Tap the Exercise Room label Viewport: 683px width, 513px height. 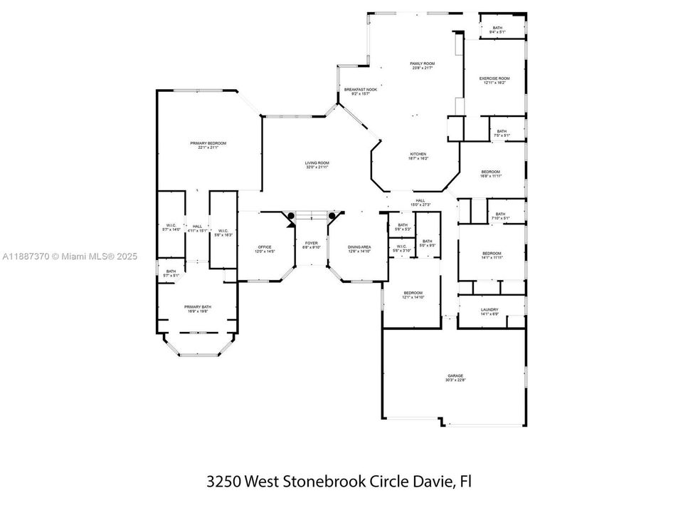coord(494,80)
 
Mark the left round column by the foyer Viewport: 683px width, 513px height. coord(291,216)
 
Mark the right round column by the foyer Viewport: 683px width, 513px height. coord(332,216)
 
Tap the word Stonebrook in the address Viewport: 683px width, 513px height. coord(324,481)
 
